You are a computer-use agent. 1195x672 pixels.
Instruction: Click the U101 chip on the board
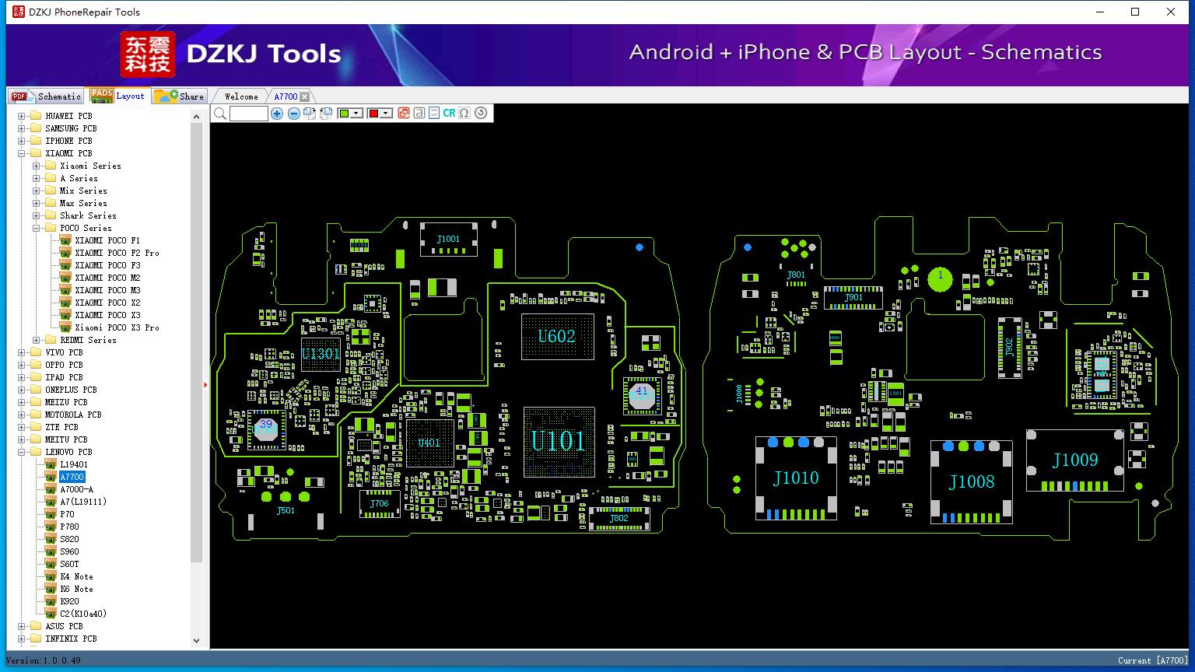(x=558, y=441)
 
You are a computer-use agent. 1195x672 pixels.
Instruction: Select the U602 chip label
(x=556, y=336)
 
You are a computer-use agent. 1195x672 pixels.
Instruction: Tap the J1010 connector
(x=796, y=478)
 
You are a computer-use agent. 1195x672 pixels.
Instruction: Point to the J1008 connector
(x=972, y=481)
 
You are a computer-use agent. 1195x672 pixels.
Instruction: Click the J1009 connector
(x=1074, y=460)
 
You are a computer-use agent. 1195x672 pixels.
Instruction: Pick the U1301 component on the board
(x=321, y=354)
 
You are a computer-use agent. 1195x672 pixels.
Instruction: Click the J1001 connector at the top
(x=448, y=239)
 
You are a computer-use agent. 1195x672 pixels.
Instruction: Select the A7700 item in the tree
(x=72, y=477)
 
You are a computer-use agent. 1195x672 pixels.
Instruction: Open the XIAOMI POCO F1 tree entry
(x=107, y=240)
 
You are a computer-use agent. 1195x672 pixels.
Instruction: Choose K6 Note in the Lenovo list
(x=76, y=589)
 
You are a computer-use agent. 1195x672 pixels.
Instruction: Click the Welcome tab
(x=241, y=96)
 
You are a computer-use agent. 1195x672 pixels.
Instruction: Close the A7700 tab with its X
(x=305, y=96)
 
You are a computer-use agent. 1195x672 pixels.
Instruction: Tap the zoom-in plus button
(x=277, y=114)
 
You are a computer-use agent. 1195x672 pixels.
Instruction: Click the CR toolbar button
(x=449, y=114)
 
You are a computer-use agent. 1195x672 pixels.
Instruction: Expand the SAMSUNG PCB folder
(x=21, y=128)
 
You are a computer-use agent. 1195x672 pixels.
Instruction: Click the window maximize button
(x=1135, y=12)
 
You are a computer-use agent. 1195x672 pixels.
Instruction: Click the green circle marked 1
(x=940, y=277)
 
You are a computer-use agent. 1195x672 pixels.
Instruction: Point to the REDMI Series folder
(x=87, y=340)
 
